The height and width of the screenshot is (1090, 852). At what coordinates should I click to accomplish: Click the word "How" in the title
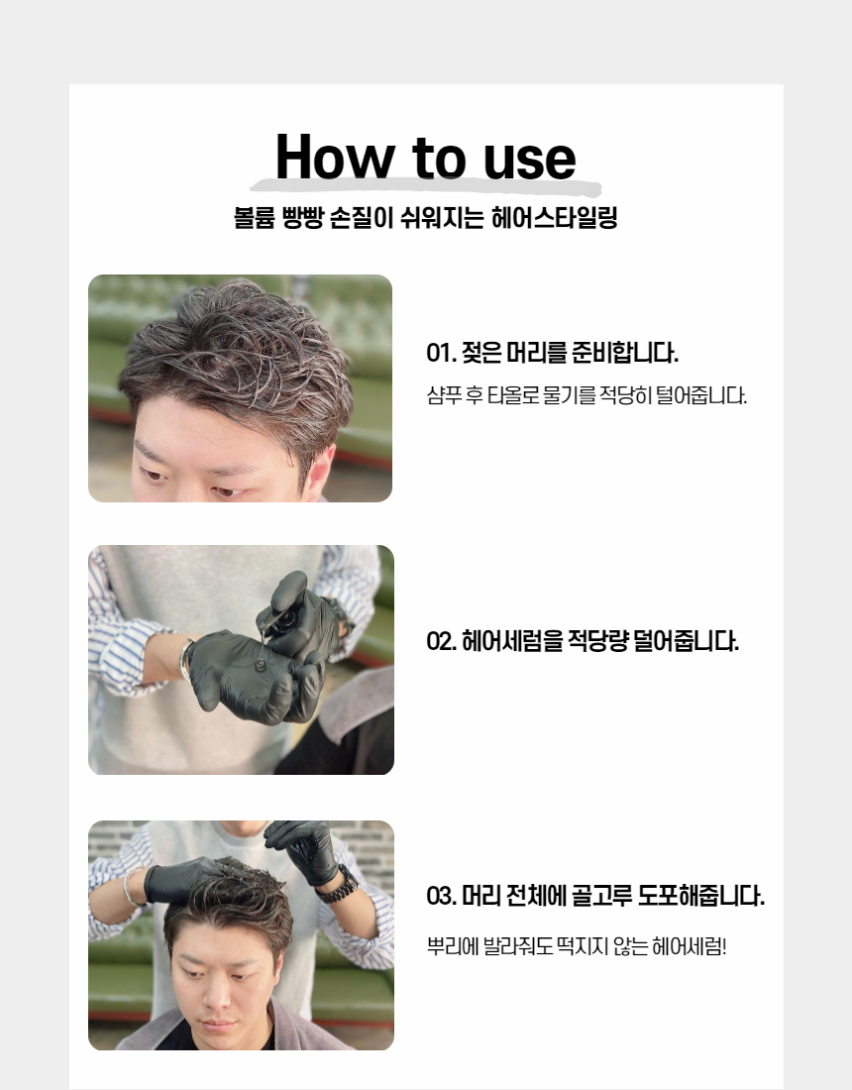(x=335, y=157)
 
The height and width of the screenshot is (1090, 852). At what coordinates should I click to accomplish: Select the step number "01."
(x=441, y=353)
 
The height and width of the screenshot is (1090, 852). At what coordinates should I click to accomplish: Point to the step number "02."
(x=442, y=641)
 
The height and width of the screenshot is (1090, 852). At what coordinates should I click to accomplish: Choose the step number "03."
(x=442, y=896)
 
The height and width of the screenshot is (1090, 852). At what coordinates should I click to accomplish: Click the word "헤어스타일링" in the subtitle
(x=555, y=218)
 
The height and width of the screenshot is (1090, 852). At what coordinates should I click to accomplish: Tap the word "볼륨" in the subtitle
(x=255, y=218)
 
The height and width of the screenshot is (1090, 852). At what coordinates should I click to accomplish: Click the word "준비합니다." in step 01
(x=625, y=353)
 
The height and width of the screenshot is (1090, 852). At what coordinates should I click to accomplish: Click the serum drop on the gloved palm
(x=260, y=665)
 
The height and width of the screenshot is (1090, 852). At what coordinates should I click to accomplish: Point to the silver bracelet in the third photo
(x=129, y=885)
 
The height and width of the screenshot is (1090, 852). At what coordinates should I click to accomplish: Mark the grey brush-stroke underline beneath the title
(x=425, y=186)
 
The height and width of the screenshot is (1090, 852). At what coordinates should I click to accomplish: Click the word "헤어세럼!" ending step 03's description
(x=690, y=946)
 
